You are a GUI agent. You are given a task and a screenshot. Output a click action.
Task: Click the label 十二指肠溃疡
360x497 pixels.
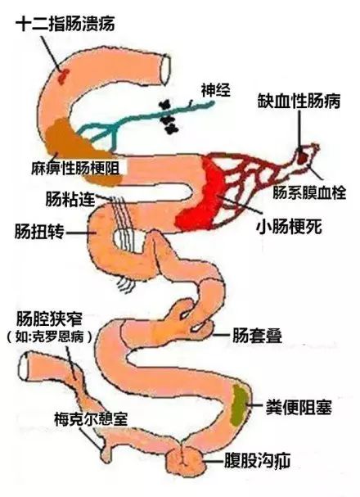[65, 25]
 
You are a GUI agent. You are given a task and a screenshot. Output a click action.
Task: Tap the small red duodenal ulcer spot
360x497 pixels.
[63, 76]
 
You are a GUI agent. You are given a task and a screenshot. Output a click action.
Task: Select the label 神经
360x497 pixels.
[216, 90]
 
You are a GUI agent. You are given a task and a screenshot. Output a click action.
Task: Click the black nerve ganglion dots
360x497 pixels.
[169, 117]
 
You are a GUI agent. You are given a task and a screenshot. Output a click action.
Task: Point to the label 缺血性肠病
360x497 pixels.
[299, 101]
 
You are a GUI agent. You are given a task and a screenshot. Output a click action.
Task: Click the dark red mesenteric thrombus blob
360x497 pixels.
[303, 156]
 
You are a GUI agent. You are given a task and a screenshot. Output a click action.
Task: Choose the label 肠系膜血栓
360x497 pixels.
[309, 192]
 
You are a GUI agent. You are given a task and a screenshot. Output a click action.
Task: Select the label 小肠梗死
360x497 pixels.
[290, 226]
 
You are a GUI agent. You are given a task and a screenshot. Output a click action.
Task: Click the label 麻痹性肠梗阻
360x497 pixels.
[75, 168]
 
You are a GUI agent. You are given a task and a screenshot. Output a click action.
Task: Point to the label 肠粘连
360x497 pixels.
[70, 199]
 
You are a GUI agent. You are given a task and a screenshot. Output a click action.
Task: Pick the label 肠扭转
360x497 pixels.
[39, 232]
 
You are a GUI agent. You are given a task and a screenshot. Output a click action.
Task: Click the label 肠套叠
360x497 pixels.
[257, 336]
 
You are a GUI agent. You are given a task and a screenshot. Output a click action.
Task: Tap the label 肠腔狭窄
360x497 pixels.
[50, 319]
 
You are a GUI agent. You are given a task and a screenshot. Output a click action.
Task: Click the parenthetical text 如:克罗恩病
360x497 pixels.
[50, 337]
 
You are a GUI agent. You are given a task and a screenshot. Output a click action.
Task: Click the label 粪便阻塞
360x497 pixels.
[299, 407]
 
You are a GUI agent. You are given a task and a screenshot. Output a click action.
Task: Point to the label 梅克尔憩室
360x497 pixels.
[91, 419]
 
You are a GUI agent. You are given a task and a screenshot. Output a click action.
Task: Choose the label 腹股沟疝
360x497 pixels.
[257, 461]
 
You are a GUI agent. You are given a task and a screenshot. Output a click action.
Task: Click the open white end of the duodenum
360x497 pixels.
[165, 70]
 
